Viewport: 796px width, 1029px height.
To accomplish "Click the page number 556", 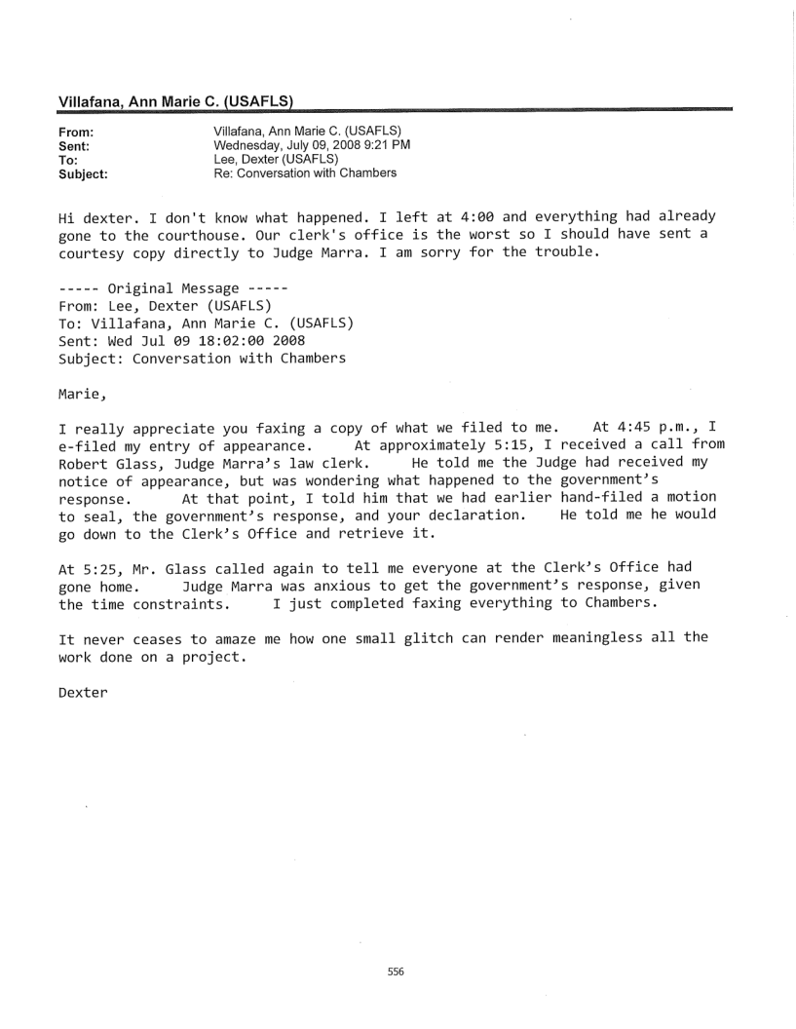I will [396, 944].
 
